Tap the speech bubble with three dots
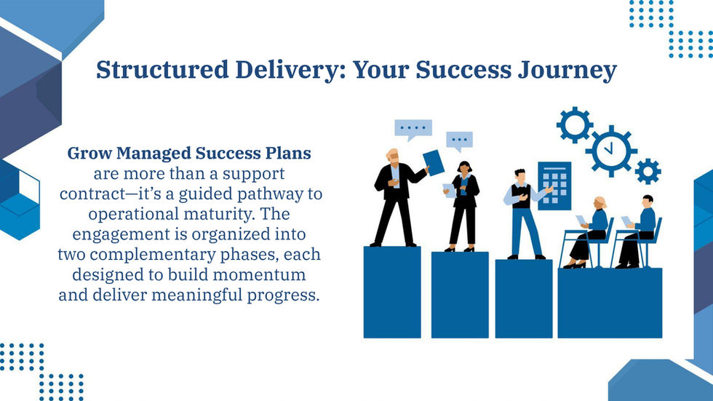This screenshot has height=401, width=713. [x=459, y=140]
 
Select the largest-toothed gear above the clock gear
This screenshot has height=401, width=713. [x=575, y=124]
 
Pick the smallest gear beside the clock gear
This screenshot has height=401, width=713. [x=647, y=171]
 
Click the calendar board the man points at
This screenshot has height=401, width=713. [x=554, y=185]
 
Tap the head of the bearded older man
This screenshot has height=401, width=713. [x=392, y=156]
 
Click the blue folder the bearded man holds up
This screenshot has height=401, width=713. [x=433, y=162]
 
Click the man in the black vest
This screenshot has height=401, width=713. [x=520, y=211]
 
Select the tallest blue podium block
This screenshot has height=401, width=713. [x=391, y=292]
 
